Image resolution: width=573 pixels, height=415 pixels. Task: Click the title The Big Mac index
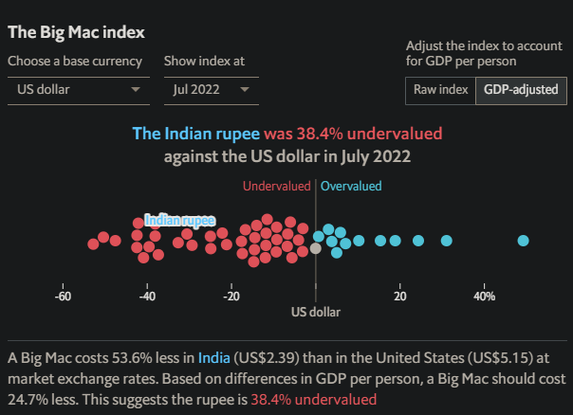[x=77, y=31]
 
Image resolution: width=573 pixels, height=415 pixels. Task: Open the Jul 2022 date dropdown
[x=211, y=90]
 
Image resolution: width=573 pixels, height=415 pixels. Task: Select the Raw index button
[x=440, y=90]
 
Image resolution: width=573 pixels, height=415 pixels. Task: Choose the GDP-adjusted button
[x=521, y=90]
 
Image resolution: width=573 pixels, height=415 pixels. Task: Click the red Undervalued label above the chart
[x=276, y=187]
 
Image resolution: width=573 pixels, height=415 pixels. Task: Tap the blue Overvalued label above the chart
[x=351, y=187]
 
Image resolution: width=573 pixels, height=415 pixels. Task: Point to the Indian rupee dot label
[x=179, y=220]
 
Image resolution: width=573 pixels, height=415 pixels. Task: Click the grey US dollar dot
[x=316, y=248]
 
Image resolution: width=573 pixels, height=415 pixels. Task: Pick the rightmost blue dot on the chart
[x=523, y=241]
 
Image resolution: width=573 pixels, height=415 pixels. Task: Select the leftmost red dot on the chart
[x=93, y=244]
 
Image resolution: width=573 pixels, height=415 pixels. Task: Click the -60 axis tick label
[x=64, y=297]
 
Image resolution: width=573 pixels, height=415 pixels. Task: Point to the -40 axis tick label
[x=147, y=297]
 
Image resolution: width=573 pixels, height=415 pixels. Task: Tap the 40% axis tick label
[x=484, y=297]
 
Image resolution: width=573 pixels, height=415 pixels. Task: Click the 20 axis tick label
[x=400, y=297]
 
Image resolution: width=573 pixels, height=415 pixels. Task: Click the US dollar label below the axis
[x=315, y=312]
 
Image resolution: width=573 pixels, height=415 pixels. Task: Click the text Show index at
[x=204, y=62]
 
